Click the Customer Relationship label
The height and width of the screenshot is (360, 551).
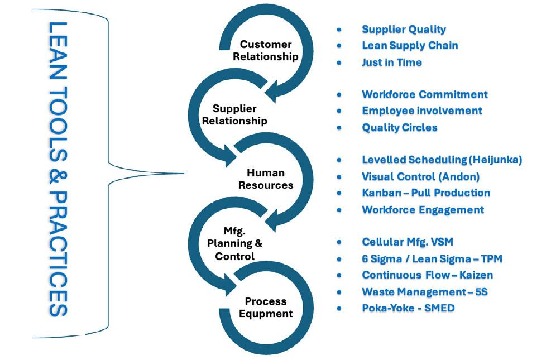(266, 50)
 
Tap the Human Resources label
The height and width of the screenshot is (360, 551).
(265, 179)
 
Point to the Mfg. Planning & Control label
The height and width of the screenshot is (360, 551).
(234, 243)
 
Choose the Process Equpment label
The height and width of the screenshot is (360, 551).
(266, 308)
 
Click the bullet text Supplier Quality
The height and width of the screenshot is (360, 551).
(404, 30)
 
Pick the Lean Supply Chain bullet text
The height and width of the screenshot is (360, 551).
(410, 46)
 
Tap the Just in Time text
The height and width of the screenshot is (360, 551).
(391, 63)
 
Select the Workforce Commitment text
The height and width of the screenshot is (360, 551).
(424, 94)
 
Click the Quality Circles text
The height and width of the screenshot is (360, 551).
(399, 128)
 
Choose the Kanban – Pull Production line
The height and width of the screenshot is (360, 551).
(426, 193)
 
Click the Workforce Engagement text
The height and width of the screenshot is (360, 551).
(423, 210)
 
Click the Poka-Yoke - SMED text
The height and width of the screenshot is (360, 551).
(408, 308)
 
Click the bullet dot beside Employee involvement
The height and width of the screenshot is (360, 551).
(339, 111)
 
